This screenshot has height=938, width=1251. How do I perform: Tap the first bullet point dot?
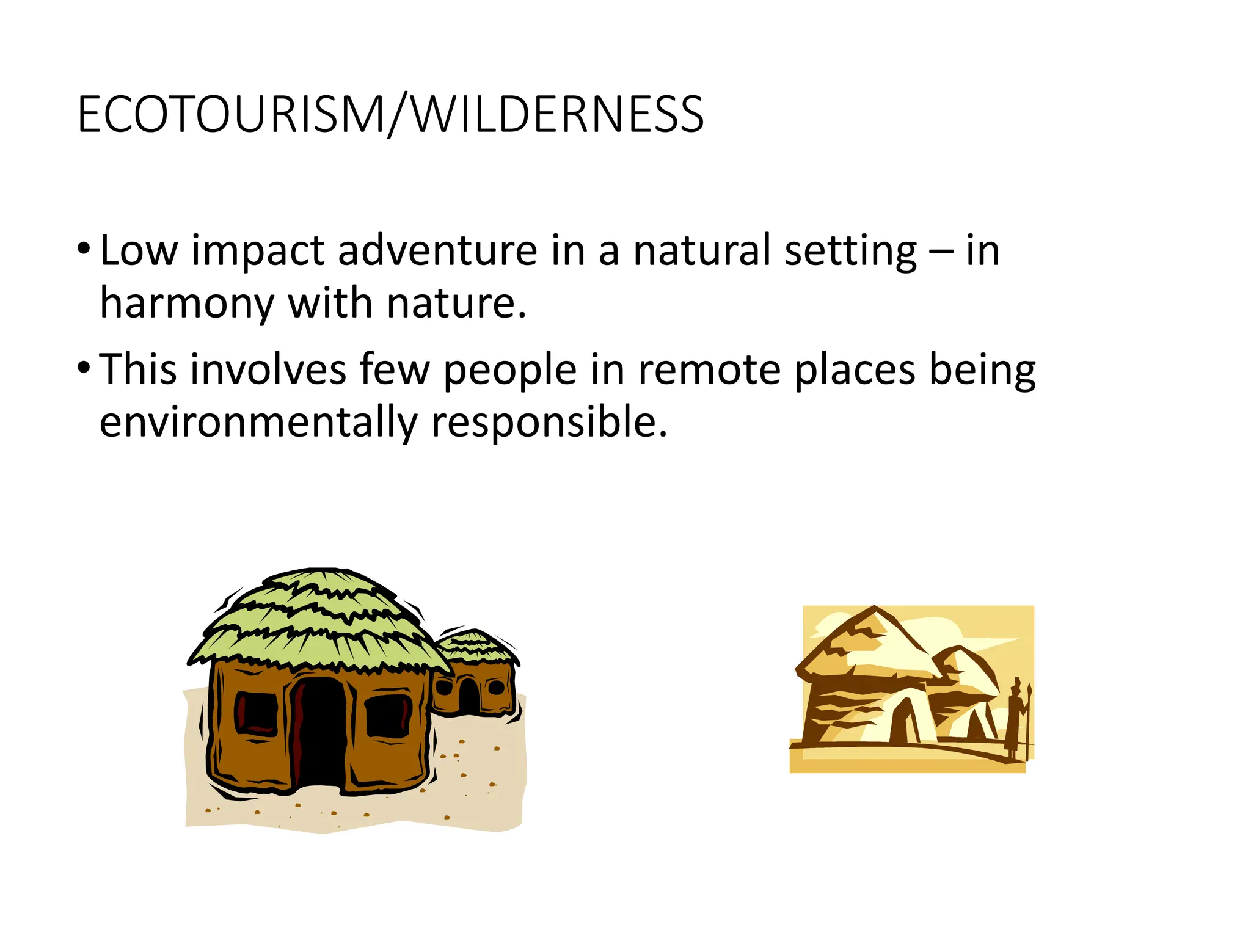(84, 250)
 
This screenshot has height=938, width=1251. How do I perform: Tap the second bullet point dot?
(84, 369)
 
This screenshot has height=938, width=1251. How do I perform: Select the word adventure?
(437, 250)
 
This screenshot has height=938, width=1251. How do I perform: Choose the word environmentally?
(258, 422)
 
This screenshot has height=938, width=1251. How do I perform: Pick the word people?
(510, 371)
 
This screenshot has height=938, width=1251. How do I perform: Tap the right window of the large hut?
(387, 716)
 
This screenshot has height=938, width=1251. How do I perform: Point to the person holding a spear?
(1016, 718)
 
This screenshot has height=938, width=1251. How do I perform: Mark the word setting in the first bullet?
(850, 250)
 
